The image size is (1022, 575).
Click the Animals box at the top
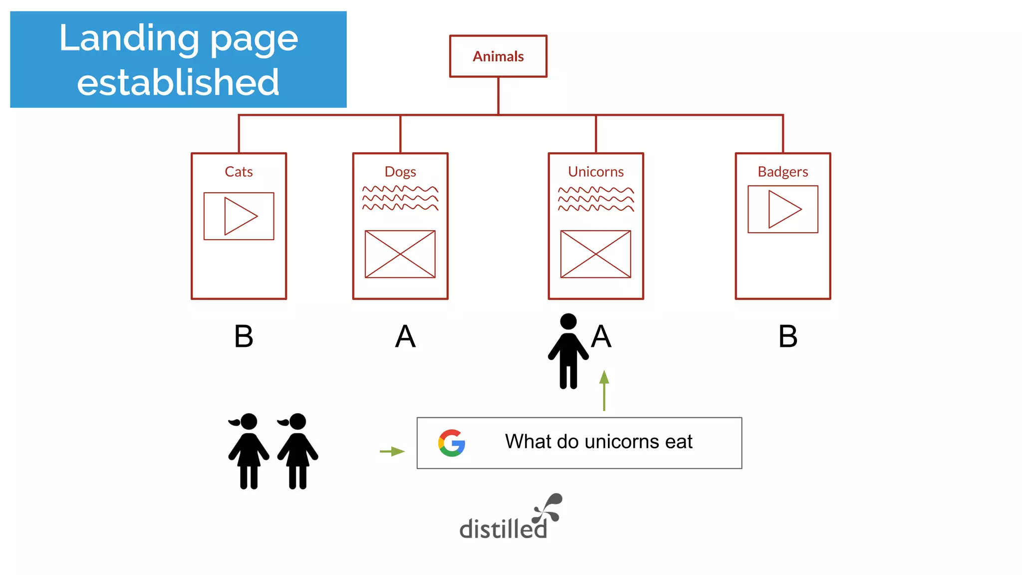coord(498,56)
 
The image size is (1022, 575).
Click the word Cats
coord(239,172)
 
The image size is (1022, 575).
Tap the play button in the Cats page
coord(239,216)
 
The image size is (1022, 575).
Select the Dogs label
coord(400,172)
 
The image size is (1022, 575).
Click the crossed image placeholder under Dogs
coord(400,254)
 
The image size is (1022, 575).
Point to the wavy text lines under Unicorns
coord(596,199)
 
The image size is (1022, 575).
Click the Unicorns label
coord(596,172)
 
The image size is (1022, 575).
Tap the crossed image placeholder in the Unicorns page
coord(596,254)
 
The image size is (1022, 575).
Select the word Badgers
coord(782,172)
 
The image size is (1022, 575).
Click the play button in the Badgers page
coord(783,209)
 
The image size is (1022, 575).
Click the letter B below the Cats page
coord(244,336)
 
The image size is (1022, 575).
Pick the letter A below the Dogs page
coord(405,336)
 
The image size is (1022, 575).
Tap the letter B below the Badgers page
coord(788,336)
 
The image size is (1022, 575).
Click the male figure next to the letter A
coord(568,351)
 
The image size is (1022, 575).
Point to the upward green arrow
coord(604,390)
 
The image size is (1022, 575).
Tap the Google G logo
coord(452,443)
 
